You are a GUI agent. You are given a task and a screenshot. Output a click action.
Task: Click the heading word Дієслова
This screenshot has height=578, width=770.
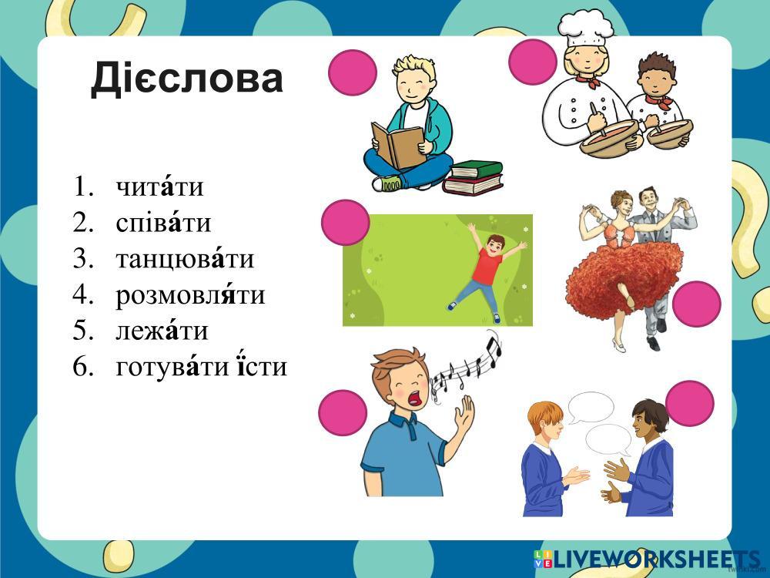(x=186, y=78)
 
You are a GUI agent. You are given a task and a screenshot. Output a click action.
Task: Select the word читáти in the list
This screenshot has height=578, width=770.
(x=159, y=187)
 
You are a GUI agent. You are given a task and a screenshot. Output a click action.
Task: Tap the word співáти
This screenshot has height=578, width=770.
(x=163, y=223)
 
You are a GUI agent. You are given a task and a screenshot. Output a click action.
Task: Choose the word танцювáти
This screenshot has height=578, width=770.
(x=185, y=259)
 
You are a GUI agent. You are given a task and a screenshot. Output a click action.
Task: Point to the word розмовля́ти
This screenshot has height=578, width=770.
(x=190, y=295)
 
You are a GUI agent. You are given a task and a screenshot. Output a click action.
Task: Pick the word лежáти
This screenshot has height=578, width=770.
(x=162, y=331)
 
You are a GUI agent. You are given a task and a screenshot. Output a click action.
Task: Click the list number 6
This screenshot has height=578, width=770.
(x=82, y=367)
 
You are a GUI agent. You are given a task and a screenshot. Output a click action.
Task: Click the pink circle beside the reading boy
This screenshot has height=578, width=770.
(x=352, y=72)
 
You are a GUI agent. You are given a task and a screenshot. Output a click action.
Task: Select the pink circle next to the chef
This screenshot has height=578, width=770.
(x=533, y=62)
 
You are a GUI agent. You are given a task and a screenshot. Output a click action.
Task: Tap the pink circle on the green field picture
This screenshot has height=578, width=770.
(x=345, y=222)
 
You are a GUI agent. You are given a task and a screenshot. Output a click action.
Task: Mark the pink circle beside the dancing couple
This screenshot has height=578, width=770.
(x=696, y=304)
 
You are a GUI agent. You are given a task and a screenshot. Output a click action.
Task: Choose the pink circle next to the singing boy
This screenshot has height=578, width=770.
(x=343, y=413)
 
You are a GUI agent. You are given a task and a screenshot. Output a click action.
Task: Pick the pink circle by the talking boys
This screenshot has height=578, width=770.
(x=689, y=403)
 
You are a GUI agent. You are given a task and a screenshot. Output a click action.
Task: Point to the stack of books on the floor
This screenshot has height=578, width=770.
(x=474, y=177)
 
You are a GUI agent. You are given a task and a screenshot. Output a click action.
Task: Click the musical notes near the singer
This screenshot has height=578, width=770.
(x=467, y=365)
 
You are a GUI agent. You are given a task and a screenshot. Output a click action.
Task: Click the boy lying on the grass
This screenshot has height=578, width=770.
(x=486, y=271)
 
